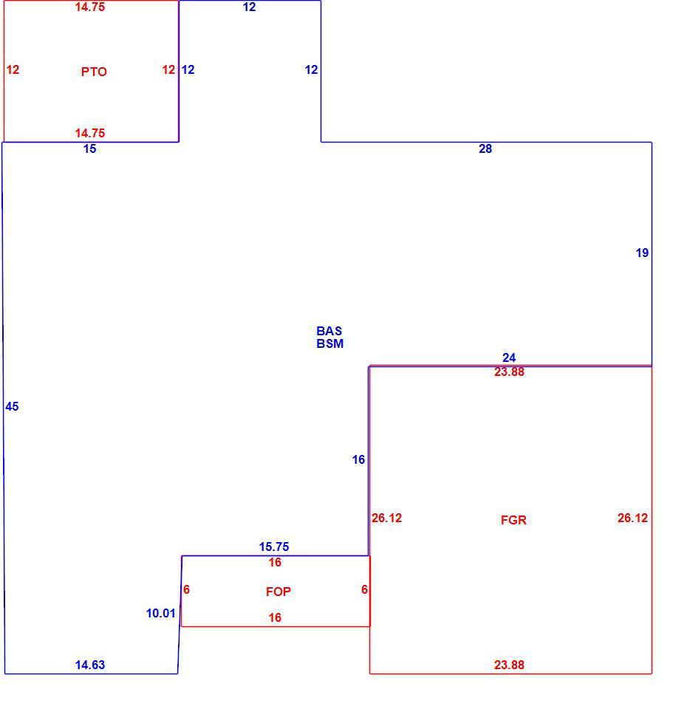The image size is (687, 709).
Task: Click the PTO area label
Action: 94,72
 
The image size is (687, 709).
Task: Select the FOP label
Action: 278,592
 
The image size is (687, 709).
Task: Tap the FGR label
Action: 513,520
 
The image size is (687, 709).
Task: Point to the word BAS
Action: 329,331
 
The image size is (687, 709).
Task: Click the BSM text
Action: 329,343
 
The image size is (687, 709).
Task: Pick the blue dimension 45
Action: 13,406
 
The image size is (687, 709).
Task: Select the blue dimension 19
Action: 642,253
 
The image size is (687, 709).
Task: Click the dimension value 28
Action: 485,148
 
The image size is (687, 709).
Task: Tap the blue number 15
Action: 89,148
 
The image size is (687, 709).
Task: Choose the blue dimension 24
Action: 509,357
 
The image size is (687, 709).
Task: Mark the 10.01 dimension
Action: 160,613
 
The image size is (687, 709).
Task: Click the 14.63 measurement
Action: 90,665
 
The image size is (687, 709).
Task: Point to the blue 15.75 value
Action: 273,547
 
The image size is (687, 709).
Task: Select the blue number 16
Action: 358,460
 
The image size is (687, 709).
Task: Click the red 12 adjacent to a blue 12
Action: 168,69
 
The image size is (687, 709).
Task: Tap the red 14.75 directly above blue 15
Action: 90,133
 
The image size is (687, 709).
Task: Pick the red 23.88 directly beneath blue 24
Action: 509,371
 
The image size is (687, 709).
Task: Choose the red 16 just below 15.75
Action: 275,562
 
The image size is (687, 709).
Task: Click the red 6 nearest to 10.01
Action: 186,589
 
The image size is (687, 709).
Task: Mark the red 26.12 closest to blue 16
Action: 386,518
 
